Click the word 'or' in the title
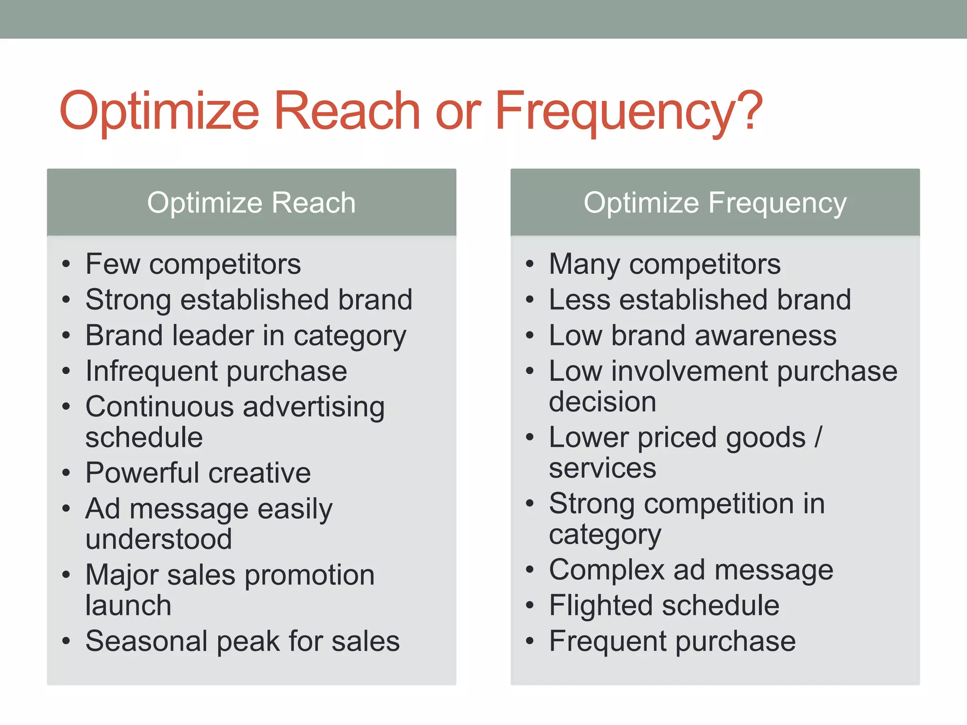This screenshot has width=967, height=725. click(458, 112)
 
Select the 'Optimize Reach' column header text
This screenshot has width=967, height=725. click(251, 203)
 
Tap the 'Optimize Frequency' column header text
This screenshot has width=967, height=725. click(715, 203)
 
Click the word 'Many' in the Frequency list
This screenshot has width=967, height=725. click(584, 264)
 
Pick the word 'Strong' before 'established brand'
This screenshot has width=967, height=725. click(128, 300)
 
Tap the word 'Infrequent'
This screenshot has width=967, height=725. click(152, 371)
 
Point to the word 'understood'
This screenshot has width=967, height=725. click(159, 539)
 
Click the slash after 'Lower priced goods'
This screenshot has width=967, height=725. click(818, 437)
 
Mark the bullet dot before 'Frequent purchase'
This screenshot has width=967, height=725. click(530, 641)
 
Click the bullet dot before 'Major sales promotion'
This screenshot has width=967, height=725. click(66, 575)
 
